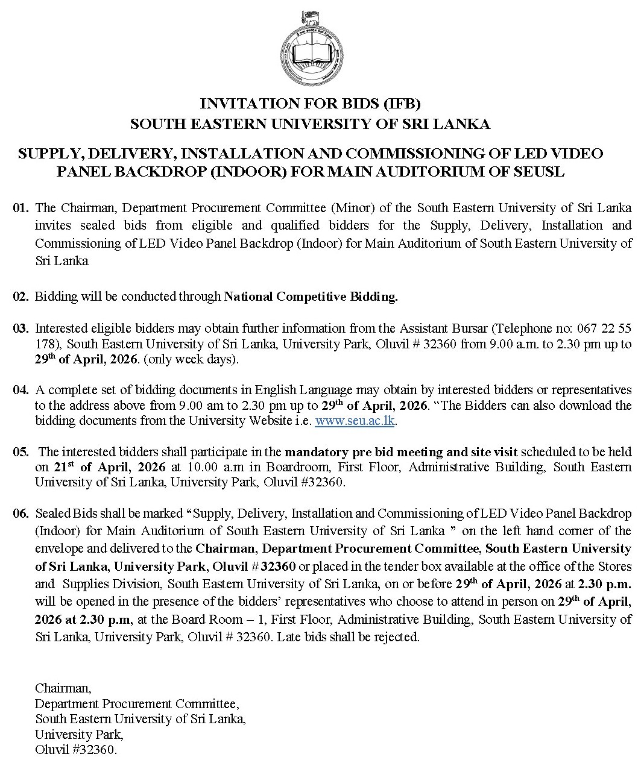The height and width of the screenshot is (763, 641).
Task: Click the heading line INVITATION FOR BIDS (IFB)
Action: (x=310, y=104)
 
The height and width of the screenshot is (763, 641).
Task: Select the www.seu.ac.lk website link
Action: (x=355, y=421)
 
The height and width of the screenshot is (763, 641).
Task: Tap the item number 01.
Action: (x=21, y=209)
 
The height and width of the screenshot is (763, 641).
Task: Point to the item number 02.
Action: (x=21, y=297)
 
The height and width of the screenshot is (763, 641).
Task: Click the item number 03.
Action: (x=21, y=328)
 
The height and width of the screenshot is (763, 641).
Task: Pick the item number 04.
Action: (x=21, y=390)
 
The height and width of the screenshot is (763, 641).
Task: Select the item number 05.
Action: (x=21, y=452)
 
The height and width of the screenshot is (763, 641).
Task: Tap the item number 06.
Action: (x=21, y=513)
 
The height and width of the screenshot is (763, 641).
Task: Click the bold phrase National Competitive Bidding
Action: (x=311, y=297)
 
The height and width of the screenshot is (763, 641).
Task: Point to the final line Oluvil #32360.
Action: (x=76, y=750)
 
